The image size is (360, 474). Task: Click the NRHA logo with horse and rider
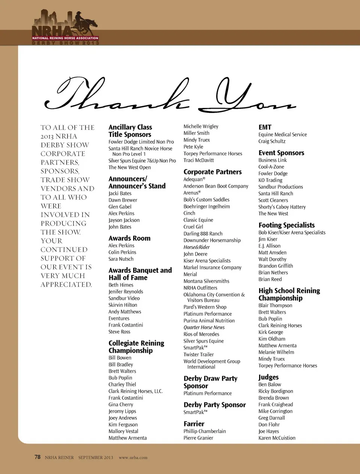(x=66, y=28)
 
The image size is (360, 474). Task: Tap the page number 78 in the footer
(x=37, y=457)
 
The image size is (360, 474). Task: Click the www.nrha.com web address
(x=133, y=458)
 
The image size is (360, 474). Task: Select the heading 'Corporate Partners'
(x=212, y=172)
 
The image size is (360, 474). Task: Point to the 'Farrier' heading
(x=194, y=424)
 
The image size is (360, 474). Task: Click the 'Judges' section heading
(x=268, y=377)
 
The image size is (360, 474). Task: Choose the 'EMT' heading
(x=265, y=127)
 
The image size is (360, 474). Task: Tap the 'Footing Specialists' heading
(x=286, y=225)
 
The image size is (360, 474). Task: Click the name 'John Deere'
(x=195, y=254)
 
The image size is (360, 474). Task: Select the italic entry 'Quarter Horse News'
(x=204, y=327)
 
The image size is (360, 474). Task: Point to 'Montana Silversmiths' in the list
(x=206, y=281)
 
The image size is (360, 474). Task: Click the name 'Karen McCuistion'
(x=277, y=438)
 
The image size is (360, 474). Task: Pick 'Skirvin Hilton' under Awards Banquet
(x=123, y=305)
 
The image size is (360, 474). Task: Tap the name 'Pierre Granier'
(x=198, y=438)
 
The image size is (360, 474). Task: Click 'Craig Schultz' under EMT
(x=272, y=141)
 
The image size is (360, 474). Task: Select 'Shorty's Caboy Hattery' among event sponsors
(x=282, y=207)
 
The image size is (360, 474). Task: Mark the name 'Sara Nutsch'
(x=121, y=259)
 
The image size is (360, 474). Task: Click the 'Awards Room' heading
(x=129, y=238)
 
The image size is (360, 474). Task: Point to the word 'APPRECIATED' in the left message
(x=66, y=284)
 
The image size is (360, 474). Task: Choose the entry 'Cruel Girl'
(x=193, y=227)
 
